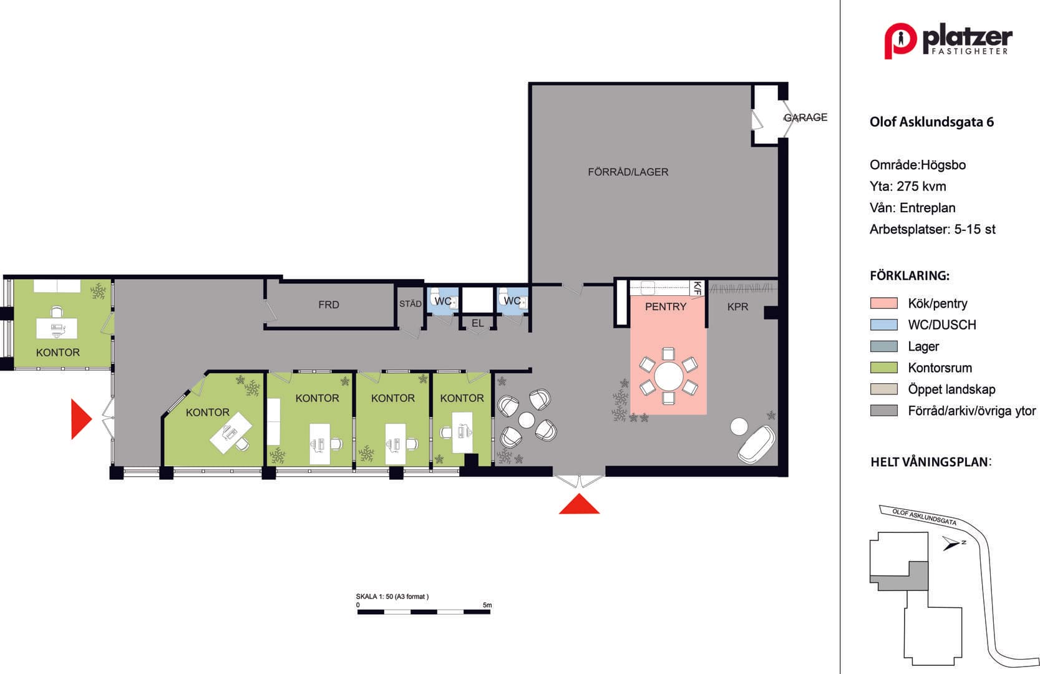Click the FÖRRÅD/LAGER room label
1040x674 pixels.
coord(628,172)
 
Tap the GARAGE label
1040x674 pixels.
coord(805,117)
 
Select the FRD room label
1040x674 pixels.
coord(329,305)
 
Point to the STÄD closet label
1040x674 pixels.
coord(411,304)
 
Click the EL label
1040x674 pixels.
coord(477,323)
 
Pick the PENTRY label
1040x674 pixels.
coord(665,306)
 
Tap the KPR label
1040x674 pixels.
coord(738,307)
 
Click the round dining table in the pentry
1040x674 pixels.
coord(669,376)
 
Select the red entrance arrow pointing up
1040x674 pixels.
coord(579,504)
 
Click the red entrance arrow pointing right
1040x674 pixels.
coord(81,419)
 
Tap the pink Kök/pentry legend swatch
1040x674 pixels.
coord(883,303)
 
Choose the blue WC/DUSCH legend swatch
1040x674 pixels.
coord(883,325)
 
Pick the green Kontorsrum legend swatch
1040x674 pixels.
coord(883,368)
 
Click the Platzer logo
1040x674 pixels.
coord(948,41)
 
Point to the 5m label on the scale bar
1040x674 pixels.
coord(487,605)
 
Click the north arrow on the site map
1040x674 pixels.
coord(951,543)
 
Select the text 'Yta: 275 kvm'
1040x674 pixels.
coord(908,186)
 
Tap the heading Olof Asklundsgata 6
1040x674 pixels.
coord(931,122)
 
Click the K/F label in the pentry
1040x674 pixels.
coord(697,288)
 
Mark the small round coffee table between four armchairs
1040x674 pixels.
coord(527,420)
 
